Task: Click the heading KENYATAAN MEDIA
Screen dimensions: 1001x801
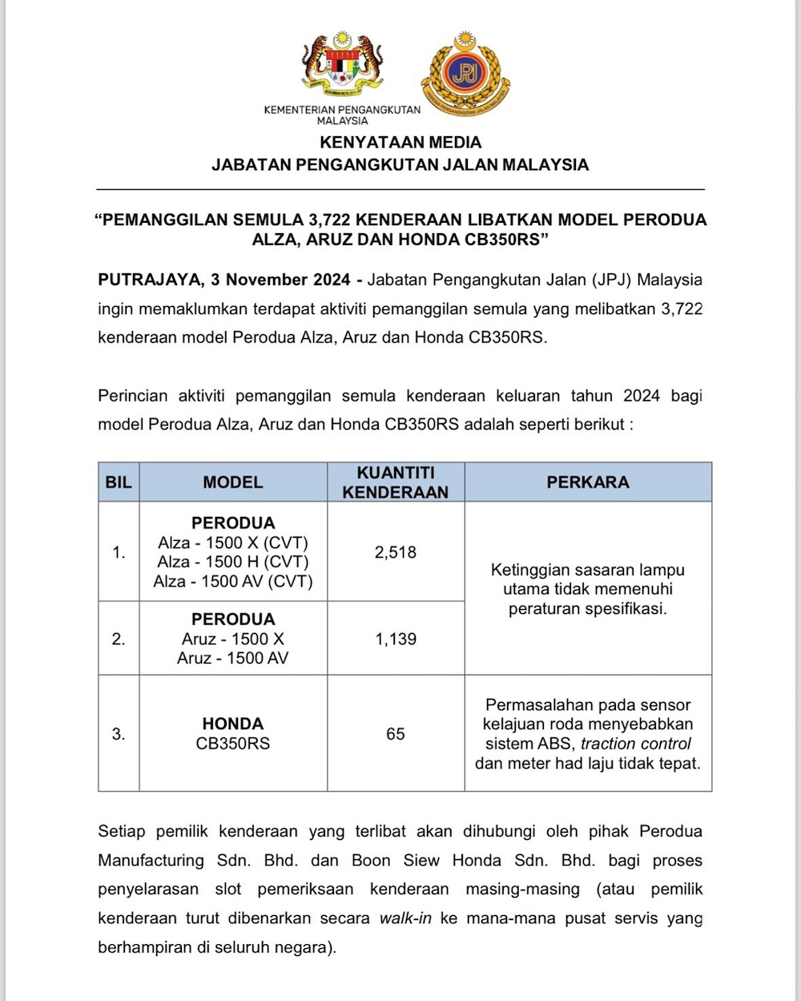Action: coord(400,143)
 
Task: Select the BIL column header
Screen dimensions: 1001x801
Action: coord(119,482)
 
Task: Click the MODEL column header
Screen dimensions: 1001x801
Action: coord(233,482)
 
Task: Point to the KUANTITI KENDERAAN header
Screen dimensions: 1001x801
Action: coord(396,482)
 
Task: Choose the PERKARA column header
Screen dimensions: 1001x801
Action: coord(588,482)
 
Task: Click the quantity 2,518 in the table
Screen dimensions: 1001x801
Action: coord(396,552)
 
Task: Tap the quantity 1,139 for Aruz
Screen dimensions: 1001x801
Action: coord(396,639)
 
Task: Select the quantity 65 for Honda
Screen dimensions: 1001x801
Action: coord(396,734)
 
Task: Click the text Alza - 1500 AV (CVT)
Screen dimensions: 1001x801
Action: coord(233,581)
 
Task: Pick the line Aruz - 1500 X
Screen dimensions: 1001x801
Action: coord(233,639)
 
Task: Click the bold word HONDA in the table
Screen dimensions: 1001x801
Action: coord(233,724)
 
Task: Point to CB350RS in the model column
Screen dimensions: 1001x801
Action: coord(233,744)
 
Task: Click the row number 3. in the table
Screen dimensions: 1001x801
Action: coord(119,734)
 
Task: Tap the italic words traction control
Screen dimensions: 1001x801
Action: coord(636,744)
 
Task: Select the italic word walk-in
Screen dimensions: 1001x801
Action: coord(405,918)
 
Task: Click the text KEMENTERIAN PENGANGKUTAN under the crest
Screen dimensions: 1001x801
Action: coord(342,110)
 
